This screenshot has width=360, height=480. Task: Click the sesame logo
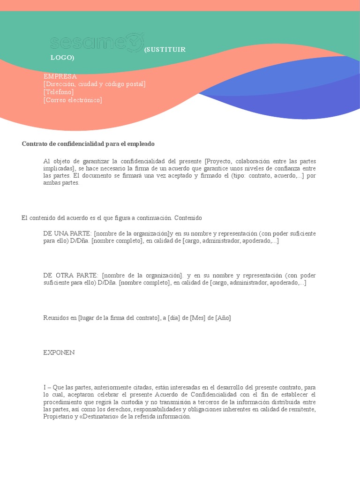(x=97, y=42)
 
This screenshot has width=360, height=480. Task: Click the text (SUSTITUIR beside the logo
(x=165, y=50)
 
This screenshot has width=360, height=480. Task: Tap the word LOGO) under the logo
(x=62, y=58)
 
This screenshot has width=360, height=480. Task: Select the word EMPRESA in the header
(x=60, y=76)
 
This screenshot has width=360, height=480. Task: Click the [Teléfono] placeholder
(x=59, y=92)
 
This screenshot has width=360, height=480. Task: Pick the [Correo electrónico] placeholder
(x=73, y=100)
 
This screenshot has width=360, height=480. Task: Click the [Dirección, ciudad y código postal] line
(x=94, y=84)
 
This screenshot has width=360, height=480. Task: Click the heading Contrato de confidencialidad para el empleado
(x=88, y=144)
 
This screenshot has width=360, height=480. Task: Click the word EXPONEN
(x=59, y=352)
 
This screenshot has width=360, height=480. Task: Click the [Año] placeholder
(x=223, y=318)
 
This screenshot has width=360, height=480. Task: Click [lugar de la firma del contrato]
(x=119, y=318)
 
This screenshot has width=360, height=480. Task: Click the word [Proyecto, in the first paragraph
(x=220, y=161)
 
